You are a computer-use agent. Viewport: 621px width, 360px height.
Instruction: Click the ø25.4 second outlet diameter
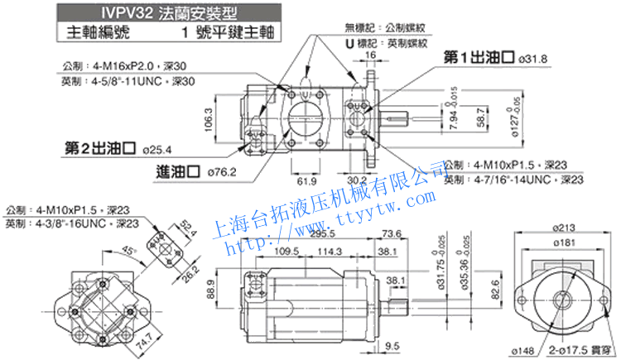point(156,150)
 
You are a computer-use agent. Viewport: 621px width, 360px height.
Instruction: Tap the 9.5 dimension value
point(392,347)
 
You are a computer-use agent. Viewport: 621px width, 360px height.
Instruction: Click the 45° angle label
point(126,251)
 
